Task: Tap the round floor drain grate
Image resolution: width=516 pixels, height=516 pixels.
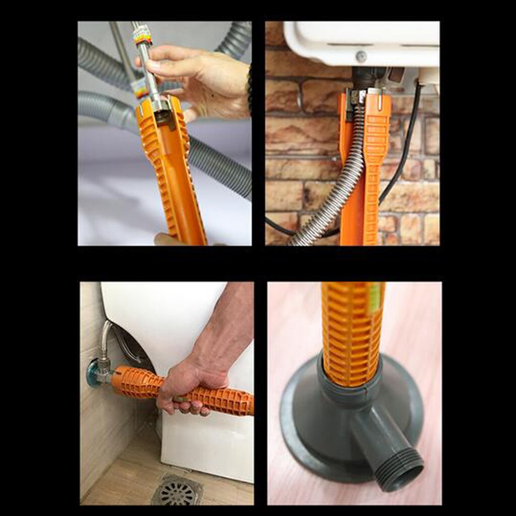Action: [177, 489]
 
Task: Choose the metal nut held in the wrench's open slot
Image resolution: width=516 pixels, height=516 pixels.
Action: [163, 116]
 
